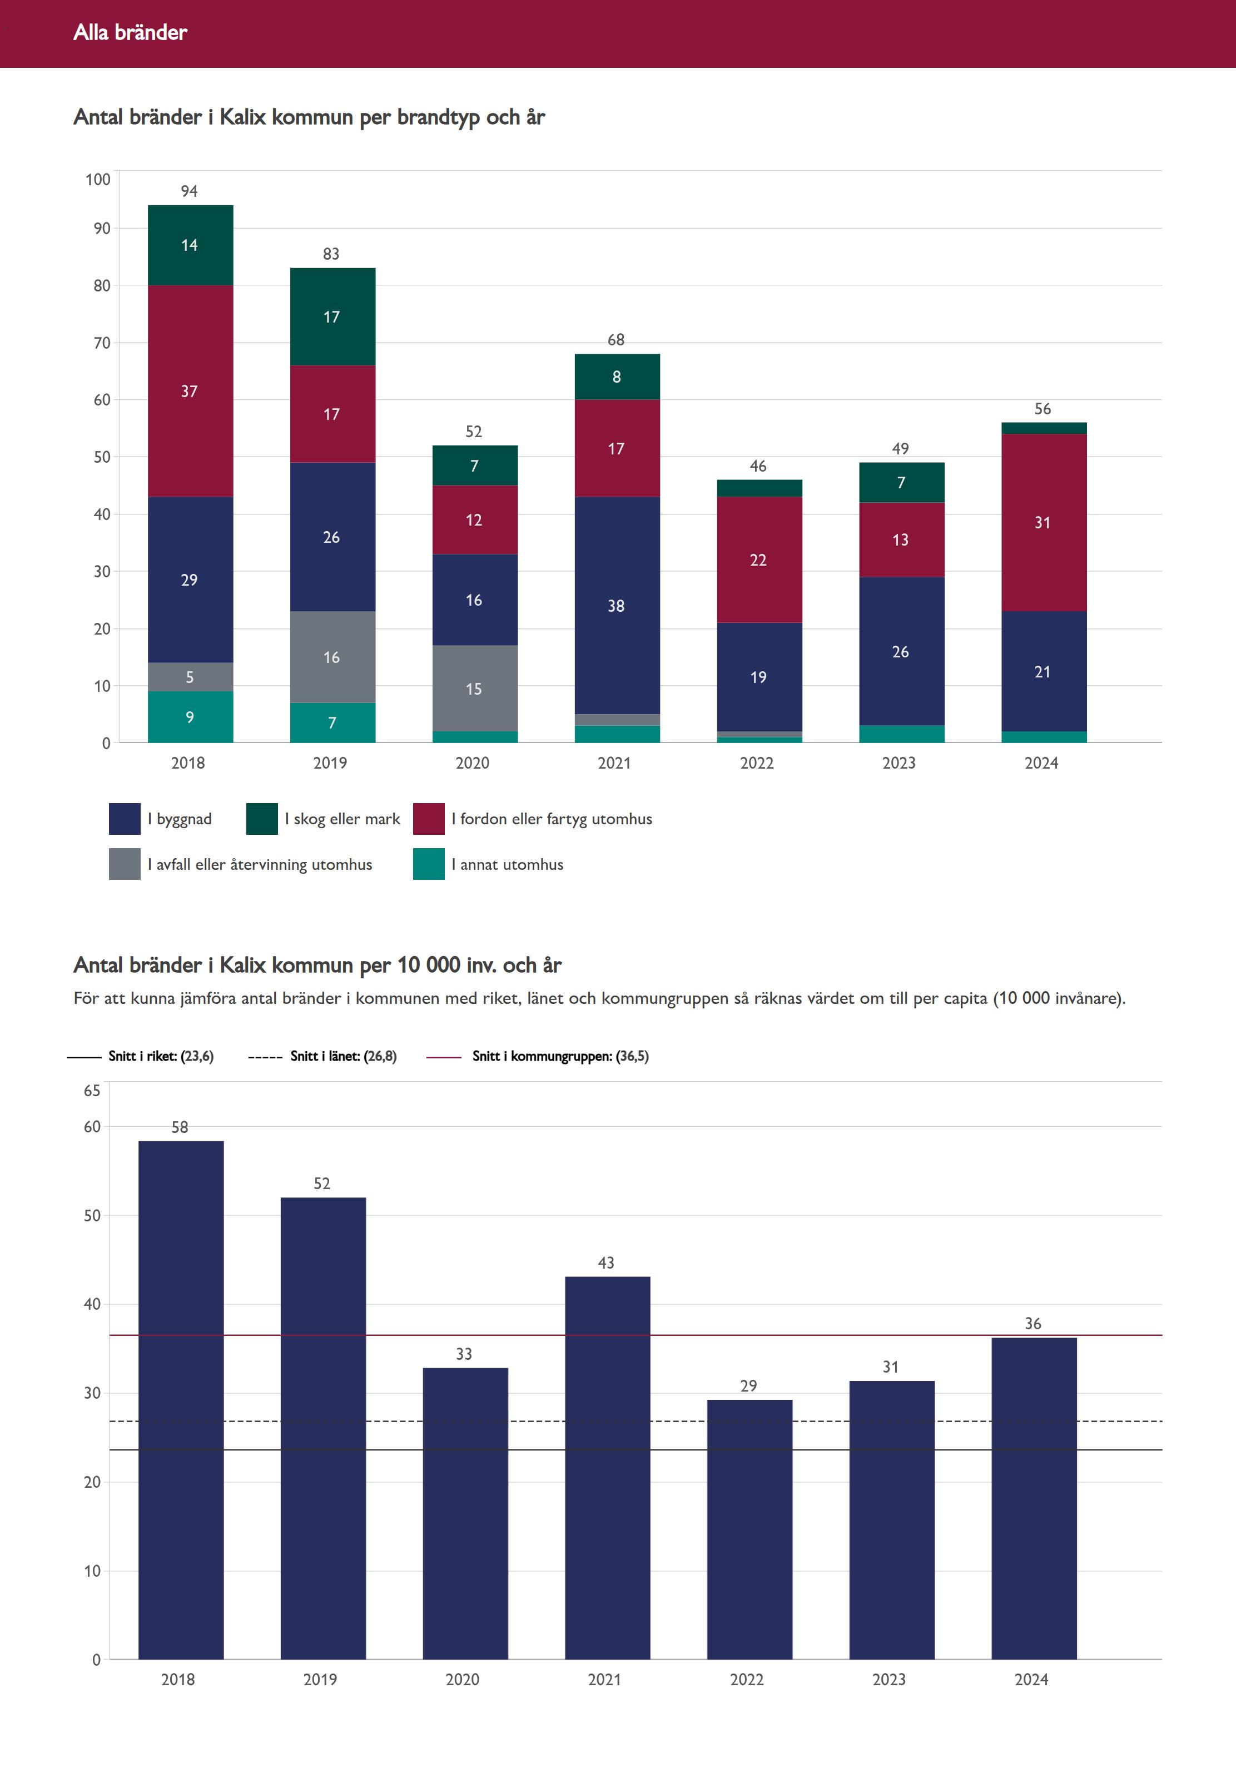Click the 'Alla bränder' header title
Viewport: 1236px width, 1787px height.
[x=130, y=32]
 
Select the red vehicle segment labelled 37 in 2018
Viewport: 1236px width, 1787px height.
[x=190, y=391]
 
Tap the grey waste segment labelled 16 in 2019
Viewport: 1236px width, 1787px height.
[x=332, y=657]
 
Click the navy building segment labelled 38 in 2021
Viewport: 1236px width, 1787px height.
[x=617, y=605]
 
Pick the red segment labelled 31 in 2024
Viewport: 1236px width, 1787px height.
[x=1043, y=522]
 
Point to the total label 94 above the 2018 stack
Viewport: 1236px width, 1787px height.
[x=189, y=191]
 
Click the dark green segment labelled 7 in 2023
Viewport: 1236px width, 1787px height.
[x=901, y=483]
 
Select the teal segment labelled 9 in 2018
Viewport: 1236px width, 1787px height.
[x=190, y=717]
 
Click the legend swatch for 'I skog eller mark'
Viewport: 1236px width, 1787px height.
[x=262, y=819]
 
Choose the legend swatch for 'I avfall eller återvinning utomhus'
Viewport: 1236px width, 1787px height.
[x=125, y=864]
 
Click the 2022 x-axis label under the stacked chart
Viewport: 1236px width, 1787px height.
[x=757, y=763]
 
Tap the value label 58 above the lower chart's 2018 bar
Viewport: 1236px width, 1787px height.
[x=180, y=1127]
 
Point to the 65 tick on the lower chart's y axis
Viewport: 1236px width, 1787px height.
[x=92, y=1091]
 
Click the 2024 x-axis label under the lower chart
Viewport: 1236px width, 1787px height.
[x=1031, y=1679]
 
